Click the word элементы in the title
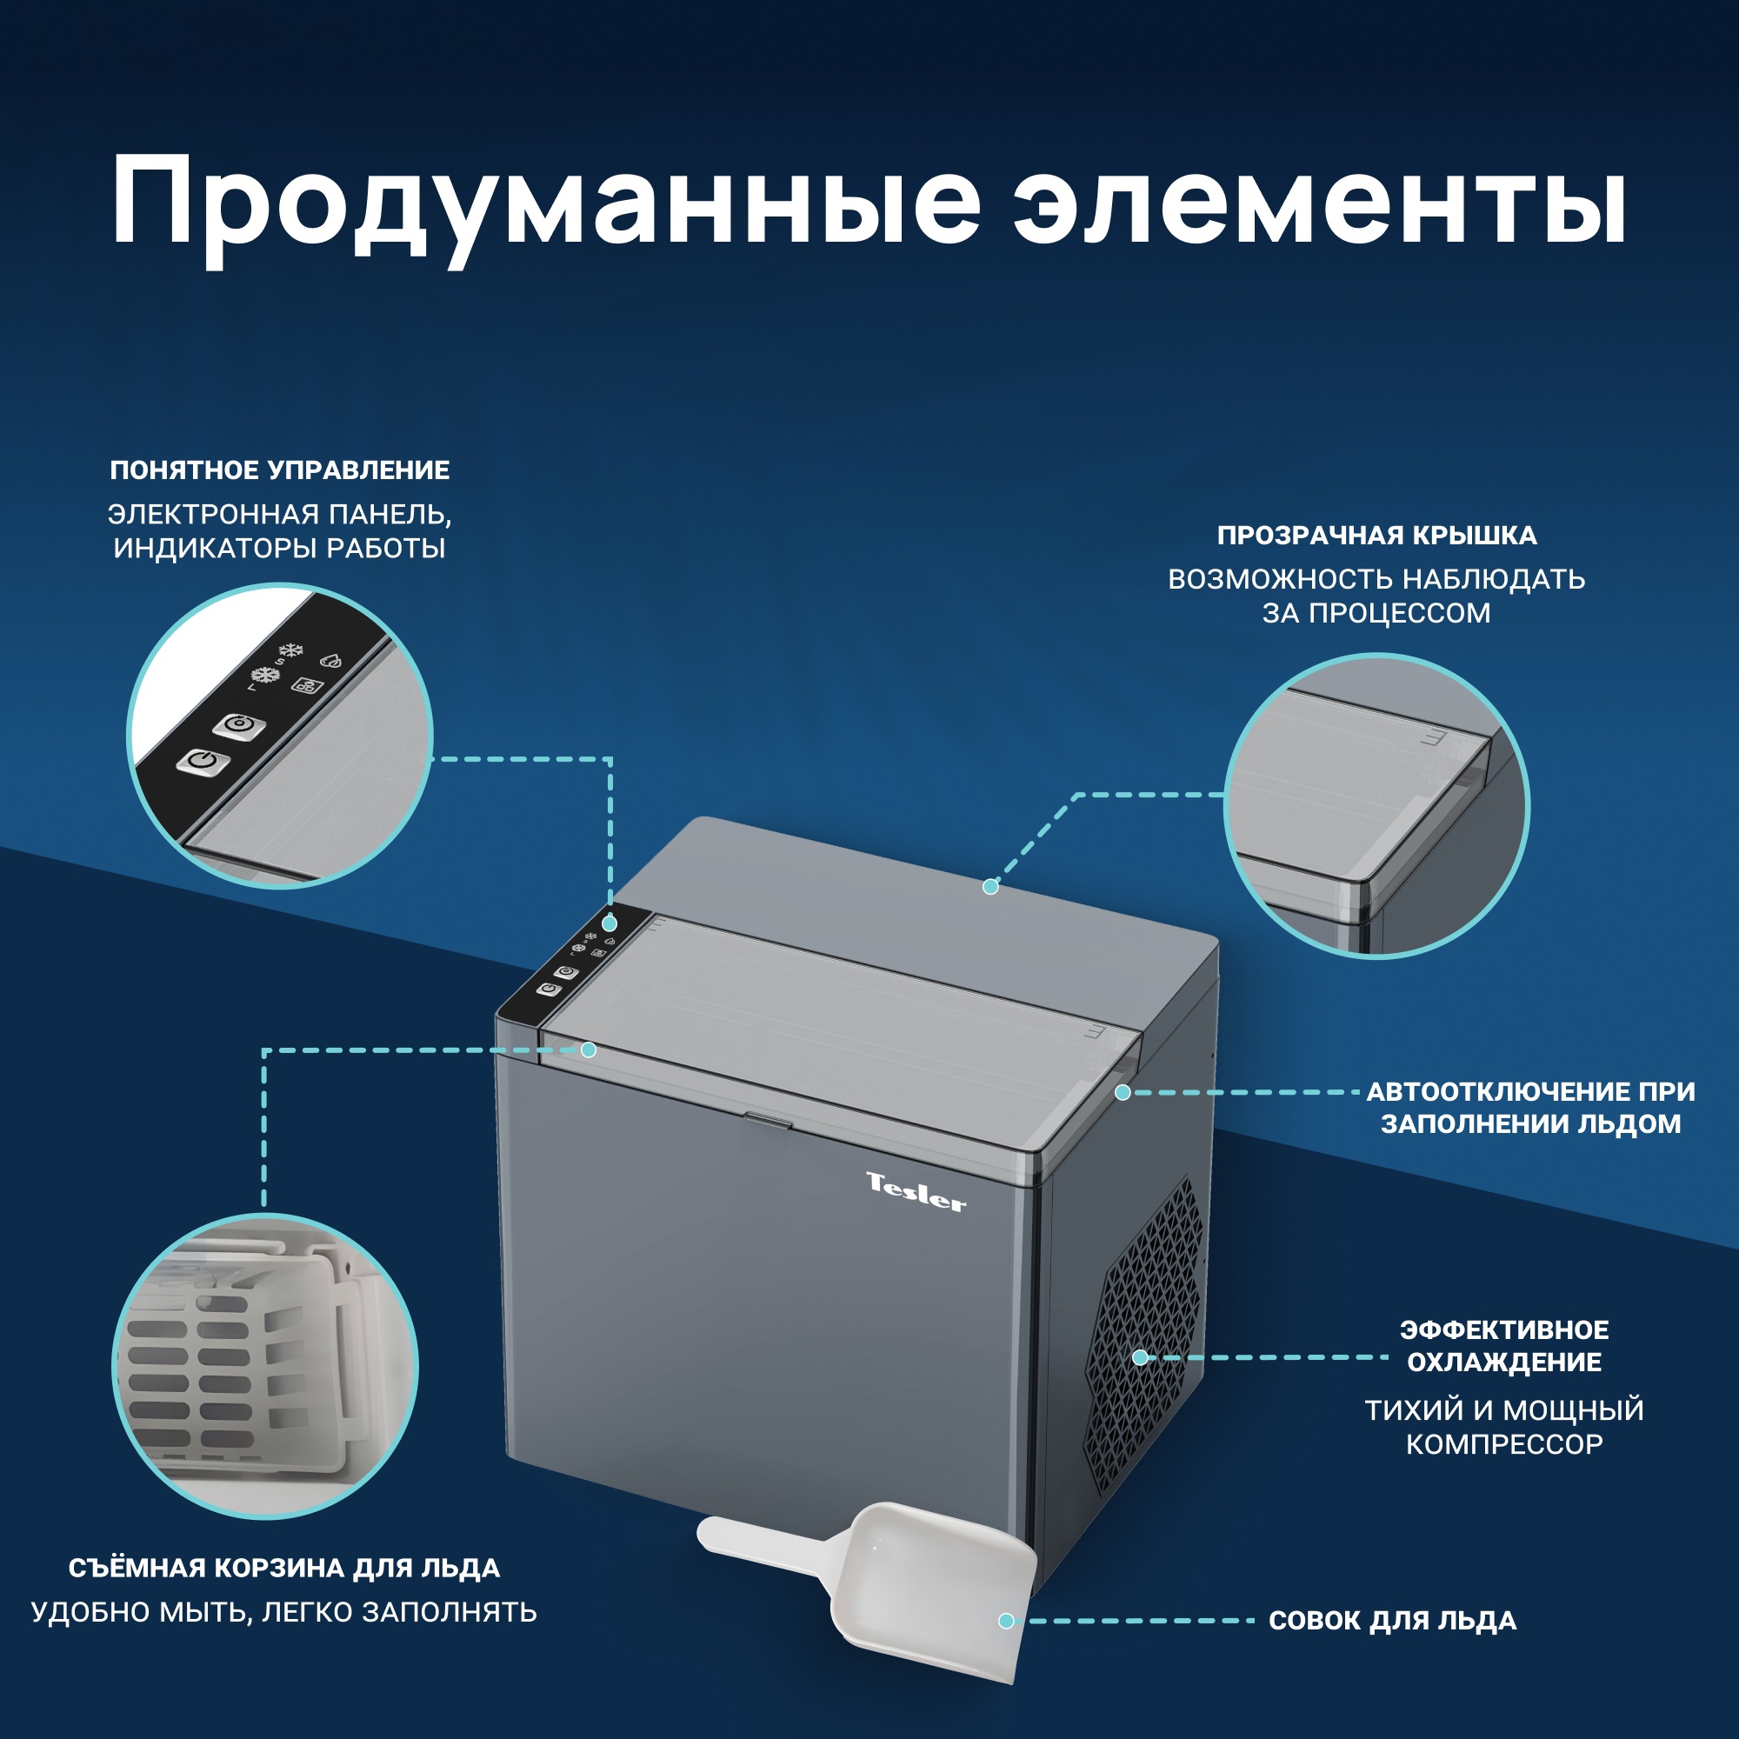[1319, 203]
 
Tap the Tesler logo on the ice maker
[916, 1194]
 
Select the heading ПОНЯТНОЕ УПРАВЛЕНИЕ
[280, 470]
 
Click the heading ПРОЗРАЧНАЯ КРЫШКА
[1376, 536]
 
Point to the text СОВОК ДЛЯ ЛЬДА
[1392, 1621]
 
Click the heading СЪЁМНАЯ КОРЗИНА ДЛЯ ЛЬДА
[284, 1568]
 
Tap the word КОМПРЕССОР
[1504, 1444]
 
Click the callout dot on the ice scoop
[1006, 1621]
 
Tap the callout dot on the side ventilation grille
[1140, 1357]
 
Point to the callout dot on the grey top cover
[990, 887]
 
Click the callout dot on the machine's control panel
[610, 923]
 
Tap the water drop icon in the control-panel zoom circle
[331, 662]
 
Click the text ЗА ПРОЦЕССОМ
[1376, 613]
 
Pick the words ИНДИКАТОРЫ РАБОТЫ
[280, 548]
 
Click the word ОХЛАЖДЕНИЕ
[1504, 1362]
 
